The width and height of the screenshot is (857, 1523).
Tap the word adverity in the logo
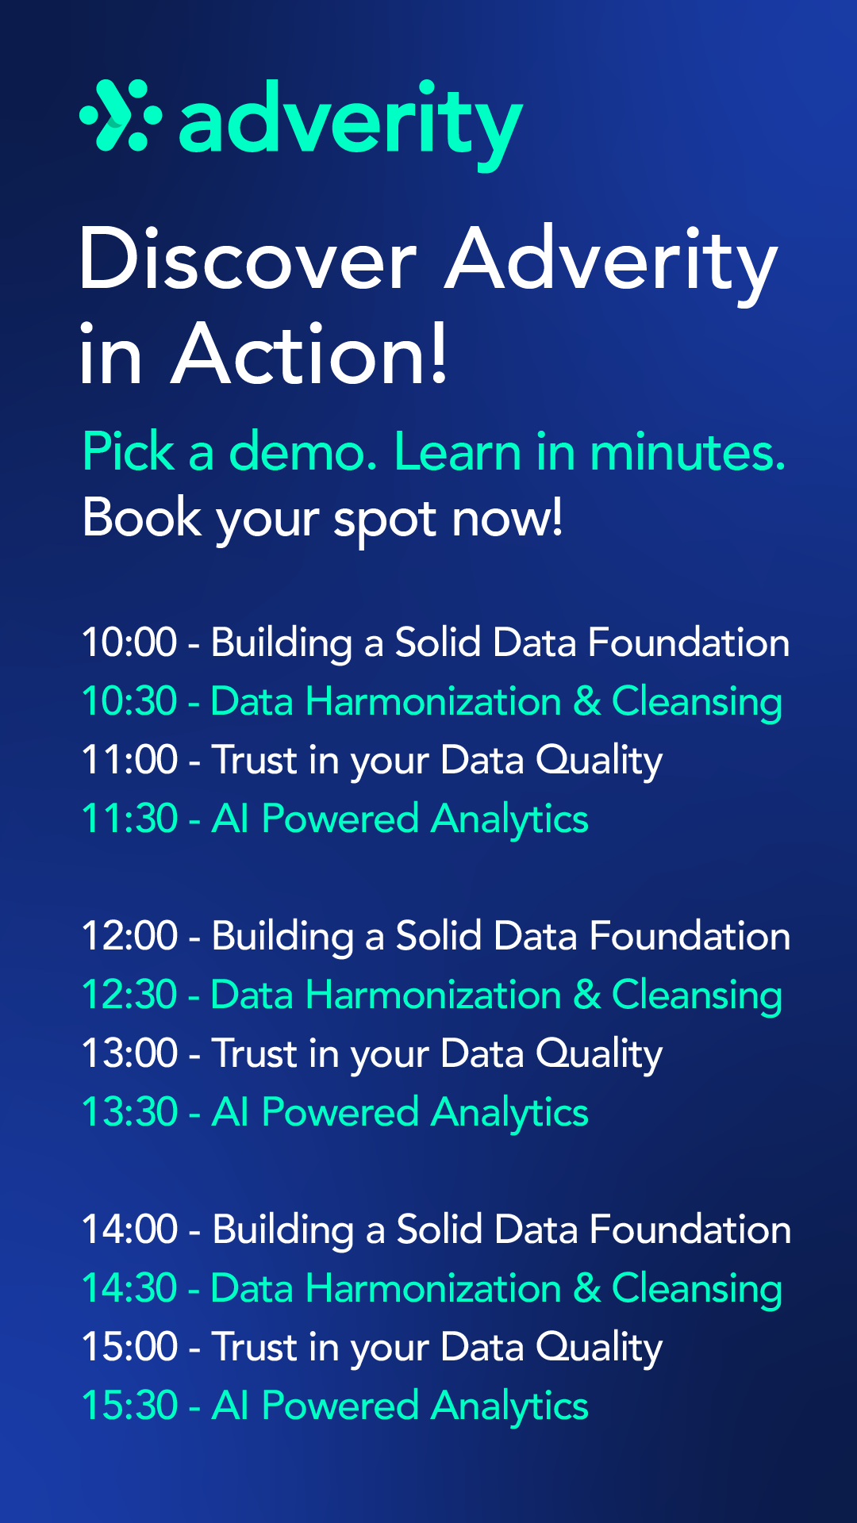click(351, 125)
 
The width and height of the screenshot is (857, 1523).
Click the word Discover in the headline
click(248, 259)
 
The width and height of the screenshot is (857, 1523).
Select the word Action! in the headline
click(309, 353)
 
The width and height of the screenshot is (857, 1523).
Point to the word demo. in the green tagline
click(303, 451)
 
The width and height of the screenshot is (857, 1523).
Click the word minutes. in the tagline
click(688, 451)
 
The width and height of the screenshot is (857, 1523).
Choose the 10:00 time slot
click(129, 642)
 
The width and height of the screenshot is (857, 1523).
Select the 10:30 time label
click(129, 701)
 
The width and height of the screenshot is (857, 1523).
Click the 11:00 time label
click(129, 760)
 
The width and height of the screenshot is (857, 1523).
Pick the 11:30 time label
click(129, 819)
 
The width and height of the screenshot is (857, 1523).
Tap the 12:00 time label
click(129, 936)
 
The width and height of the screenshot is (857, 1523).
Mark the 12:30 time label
click(129, 995)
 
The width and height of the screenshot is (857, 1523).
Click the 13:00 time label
click(129, 1053)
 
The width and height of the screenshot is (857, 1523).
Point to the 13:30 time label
click(129, 1112)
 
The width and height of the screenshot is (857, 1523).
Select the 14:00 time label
click(129, 1230)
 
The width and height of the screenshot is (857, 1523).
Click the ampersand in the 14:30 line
click(587, 1288)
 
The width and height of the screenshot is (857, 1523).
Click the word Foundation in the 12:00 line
click(690, 936)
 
